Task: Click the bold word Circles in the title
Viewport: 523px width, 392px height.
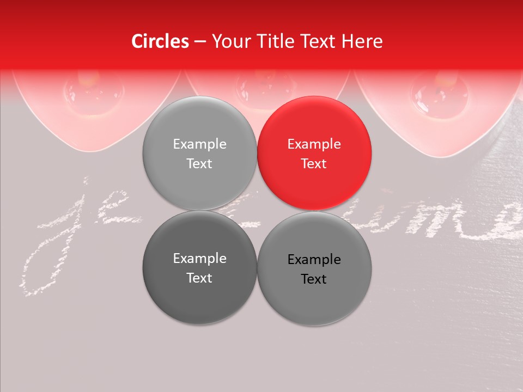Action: (x=160, y=41)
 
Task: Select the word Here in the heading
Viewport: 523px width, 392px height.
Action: (x=362, y=41)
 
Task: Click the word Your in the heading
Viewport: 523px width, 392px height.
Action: (x=230, y=41)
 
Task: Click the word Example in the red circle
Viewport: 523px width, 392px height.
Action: (x=314, y=144)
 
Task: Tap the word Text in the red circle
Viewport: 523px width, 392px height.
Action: (x=314, y=164)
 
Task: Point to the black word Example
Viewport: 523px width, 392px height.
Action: (x=314, y=260)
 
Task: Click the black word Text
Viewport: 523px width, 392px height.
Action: (x=314, y=279)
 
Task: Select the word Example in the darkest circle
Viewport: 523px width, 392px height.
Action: (x=199, y=259)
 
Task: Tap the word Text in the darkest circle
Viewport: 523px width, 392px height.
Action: (x=199, y=278)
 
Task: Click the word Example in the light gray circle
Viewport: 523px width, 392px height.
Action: (x=199, y=144)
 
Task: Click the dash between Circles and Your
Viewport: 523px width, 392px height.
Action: (x=200, y=42)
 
